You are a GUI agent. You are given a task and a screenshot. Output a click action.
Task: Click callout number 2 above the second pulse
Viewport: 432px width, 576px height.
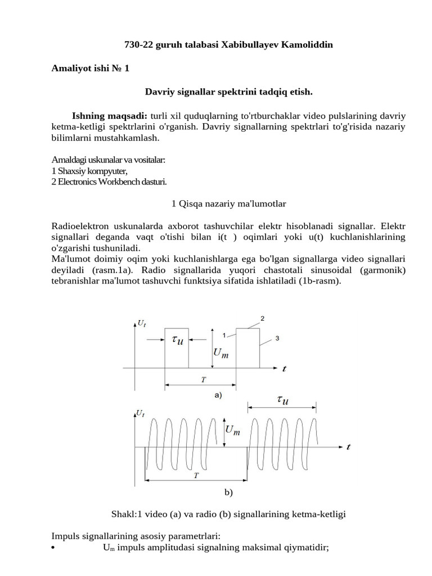tap(262, 319)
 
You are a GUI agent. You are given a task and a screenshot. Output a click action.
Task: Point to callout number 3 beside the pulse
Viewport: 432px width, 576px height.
tap(277, 338)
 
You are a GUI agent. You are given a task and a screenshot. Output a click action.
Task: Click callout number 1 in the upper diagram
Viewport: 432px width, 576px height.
tap(224, 335)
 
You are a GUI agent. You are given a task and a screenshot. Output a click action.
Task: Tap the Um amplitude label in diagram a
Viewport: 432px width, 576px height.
tap(221, 354)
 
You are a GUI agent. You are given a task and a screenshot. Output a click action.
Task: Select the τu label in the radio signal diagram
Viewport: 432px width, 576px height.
tap(283, 400)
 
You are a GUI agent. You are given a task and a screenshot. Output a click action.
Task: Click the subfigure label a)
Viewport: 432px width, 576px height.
tap(218, 395)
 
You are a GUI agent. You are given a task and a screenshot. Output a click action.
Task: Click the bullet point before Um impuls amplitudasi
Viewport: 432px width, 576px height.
tap(52, 547)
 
